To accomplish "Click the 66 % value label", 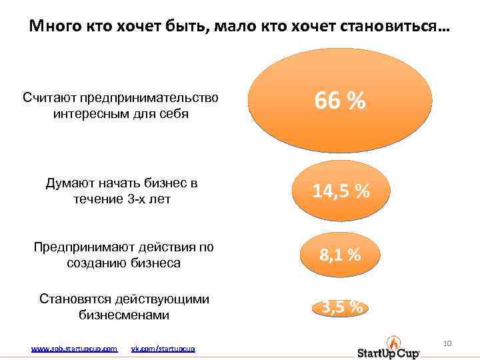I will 340,102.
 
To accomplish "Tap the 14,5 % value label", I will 341,191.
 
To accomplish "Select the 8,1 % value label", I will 340,254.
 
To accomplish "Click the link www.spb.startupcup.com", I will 75,349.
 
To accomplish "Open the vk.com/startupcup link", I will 163,349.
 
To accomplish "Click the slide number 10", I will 447,343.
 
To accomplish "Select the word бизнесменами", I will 124,315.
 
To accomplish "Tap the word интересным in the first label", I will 87,114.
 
